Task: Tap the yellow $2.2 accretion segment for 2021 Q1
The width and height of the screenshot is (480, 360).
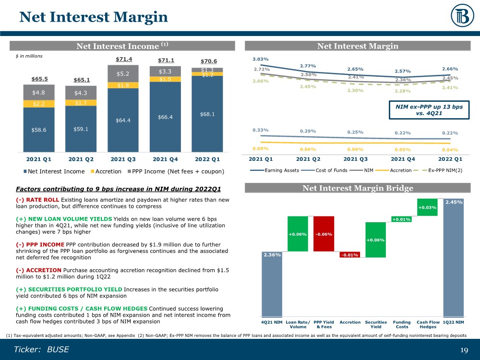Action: click(39, 103)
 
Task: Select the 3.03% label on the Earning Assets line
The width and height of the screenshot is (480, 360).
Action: click(261, 59)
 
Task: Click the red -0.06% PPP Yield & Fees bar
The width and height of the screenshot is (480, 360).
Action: click(324, 234)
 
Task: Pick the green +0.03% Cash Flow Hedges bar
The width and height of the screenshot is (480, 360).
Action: click(427, 207)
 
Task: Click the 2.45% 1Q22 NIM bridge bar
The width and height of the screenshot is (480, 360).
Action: click(453, 259)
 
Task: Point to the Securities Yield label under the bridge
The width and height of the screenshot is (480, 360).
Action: click(376, 324)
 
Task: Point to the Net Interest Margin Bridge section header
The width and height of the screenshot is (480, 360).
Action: click(358, 189)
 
